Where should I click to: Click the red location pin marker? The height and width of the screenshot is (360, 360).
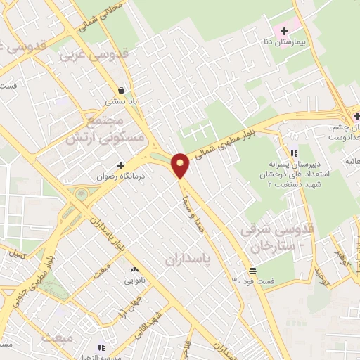point(181,165)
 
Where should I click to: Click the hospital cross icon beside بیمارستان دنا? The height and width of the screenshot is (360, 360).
point(284,32)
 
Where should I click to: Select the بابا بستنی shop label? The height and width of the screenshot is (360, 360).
point(122,101)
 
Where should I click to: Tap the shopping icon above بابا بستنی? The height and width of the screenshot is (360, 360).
point(122,90)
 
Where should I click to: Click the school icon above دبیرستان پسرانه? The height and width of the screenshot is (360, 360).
point(294,153)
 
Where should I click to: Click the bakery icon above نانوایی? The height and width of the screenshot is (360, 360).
point(134,269)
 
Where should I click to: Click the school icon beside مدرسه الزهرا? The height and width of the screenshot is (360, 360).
point(102,347)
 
